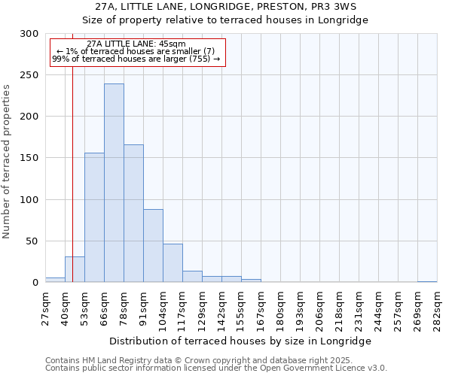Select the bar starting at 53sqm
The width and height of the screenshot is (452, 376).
point(94,217)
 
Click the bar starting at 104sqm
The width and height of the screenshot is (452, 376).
point(173,262)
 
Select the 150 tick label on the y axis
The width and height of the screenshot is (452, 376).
point(29,158)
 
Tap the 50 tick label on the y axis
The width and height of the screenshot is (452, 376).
point(32,241)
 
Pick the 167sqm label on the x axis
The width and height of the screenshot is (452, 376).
point(261,306)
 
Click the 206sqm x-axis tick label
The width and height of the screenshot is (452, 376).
point(319,306)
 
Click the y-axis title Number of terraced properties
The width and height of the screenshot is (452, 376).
point(7,161)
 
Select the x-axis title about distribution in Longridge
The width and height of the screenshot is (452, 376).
point(240,341)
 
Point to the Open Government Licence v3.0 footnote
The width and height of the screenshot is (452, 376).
point(216,368)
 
